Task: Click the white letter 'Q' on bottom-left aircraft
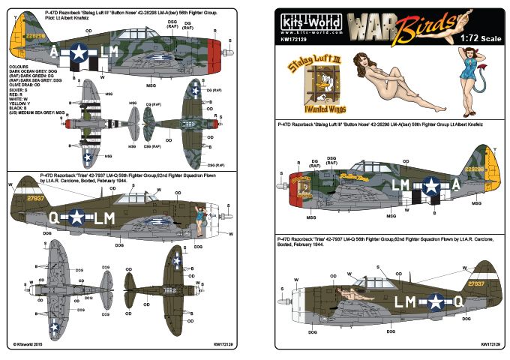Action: tap(53, 217)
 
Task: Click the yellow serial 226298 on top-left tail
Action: tap(33, 34)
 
